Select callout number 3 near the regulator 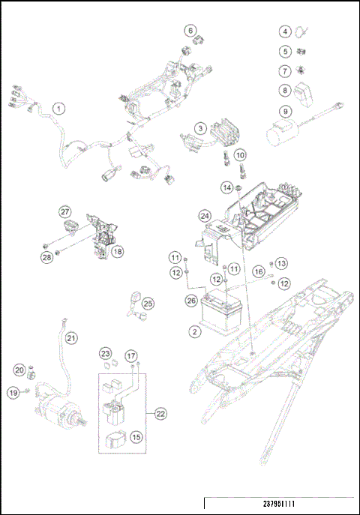(x=202, y=129)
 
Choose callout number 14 (x=226, y=186)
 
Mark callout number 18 (x=118, y=253)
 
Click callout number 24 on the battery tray (x=205, y=216)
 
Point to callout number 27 (x=65, y=211)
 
